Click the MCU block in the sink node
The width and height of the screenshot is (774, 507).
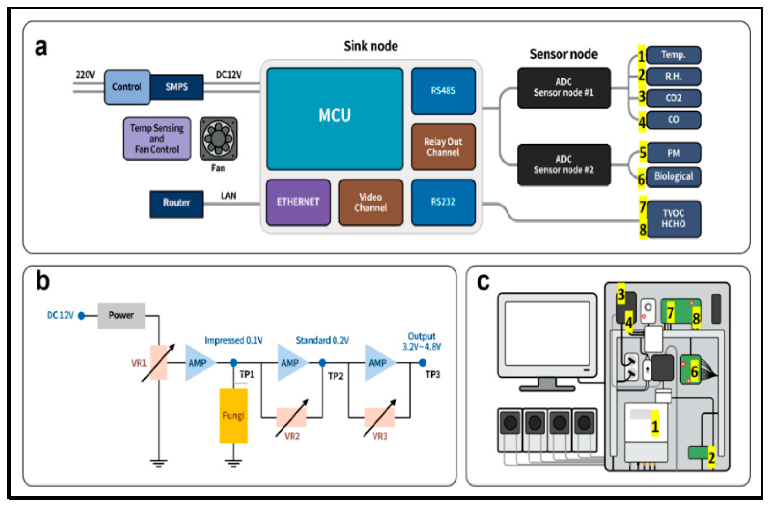coord(334,119)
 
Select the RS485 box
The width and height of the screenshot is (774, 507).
coord(443,91)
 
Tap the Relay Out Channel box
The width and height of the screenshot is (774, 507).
coord(443,147)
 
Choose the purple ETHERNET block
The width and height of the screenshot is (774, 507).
coord(298,202)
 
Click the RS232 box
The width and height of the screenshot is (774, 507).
coord(443,202)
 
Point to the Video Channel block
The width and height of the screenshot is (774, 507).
coord(370,202)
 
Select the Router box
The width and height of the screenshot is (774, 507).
coord(177,204)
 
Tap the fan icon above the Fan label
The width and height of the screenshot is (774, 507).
coord(218,139)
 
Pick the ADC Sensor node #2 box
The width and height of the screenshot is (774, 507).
coord(564,165)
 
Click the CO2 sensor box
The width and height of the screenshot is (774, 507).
coord(673,98)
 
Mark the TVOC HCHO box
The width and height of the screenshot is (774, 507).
coord(673,219)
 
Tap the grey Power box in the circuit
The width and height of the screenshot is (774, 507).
coord(121,315)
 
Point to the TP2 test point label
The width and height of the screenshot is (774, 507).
coord(335,376)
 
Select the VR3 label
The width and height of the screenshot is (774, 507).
coord(380,436)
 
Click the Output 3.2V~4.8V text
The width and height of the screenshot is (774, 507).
coord(422,342)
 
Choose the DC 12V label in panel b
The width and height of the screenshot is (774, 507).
coord(60,315)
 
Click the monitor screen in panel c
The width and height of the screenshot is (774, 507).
coord(547,334)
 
